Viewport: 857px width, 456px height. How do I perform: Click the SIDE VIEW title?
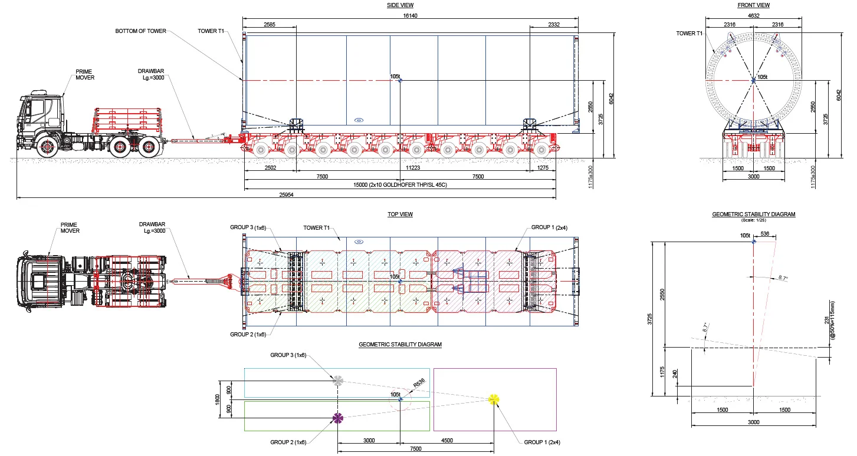tap(400, 5)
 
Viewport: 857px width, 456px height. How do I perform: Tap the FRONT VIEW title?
tap(753, 5)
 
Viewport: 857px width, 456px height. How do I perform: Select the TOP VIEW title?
tap(400, 214)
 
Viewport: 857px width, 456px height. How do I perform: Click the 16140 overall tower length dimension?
tap(410, 16)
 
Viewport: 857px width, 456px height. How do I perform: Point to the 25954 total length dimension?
tap(286, 194)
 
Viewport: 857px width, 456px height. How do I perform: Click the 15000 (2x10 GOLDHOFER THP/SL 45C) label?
tap(400, 185)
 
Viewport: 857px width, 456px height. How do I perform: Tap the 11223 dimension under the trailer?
tap(413, 168)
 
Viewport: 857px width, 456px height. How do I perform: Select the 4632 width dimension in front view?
tap(753, 16)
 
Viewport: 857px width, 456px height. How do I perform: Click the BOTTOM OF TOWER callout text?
tap(140, 31)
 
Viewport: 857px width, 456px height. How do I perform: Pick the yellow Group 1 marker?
tap(494, 399)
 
